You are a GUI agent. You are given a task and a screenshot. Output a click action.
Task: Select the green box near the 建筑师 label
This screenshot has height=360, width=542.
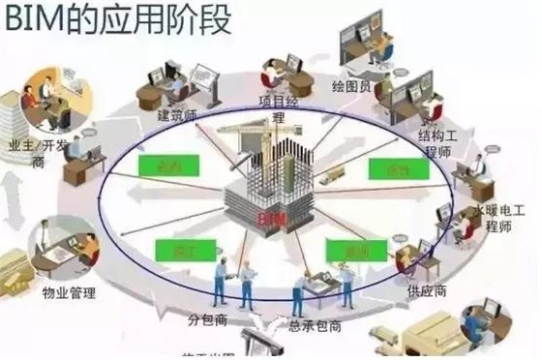pyautogui.click(x=159, y=165)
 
